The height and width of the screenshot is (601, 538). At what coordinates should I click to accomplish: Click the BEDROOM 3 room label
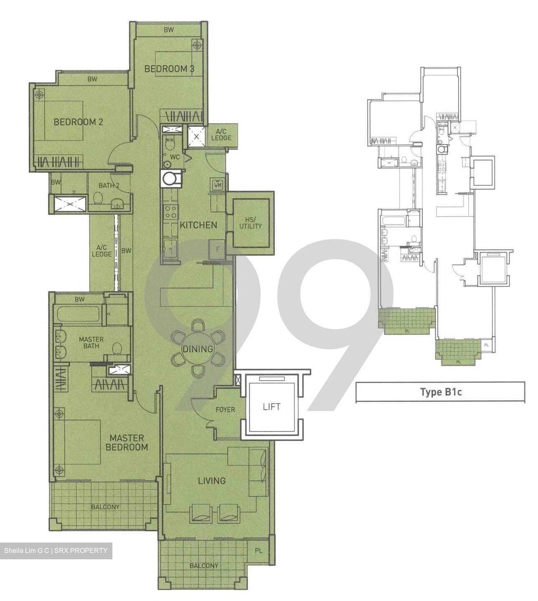tap(169, 69)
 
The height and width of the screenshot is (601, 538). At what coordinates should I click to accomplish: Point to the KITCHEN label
tap(198, 225)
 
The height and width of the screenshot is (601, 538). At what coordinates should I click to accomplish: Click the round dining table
tap(198, 348)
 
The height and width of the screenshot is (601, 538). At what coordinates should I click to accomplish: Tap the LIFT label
tap(272, 407)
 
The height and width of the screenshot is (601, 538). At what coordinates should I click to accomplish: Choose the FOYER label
tap(225, 410)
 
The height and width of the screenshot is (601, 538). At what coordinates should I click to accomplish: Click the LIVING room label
tap(212, 481)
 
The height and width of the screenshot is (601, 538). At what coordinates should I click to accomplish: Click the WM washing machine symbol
tap(218, 184)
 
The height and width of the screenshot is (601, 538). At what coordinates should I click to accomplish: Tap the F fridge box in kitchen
tap(217, 249)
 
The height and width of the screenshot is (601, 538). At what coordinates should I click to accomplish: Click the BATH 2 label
tap(109, 185)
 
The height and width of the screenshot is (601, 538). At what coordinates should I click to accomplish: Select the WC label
tap(175, 157)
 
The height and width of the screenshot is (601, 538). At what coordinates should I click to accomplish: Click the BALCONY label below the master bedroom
tap(105, 507)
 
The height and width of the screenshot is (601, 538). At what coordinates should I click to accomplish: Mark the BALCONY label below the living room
tap(204, 566)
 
